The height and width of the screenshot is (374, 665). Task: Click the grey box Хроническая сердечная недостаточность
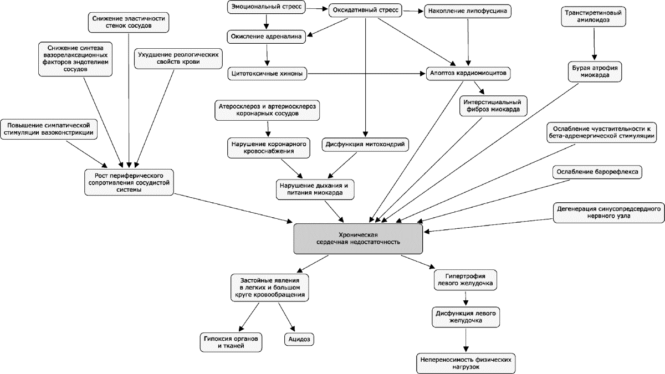point(358,239)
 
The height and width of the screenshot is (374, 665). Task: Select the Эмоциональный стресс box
point(267,7)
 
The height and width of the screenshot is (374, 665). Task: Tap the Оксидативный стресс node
point(365,11)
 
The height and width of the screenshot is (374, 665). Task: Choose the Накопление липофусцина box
point(468,11)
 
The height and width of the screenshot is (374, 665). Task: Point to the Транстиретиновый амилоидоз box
point(594,17)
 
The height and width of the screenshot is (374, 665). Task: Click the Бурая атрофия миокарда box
point(595,71)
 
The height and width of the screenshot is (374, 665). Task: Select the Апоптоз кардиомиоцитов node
point(468,73)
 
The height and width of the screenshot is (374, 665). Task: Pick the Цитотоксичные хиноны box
point(267,74)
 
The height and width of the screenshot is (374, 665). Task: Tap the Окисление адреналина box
point(267,37)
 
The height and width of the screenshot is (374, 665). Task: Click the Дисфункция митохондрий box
point(365,145)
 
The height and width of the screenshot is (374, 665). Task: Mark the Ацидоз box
point(299,339)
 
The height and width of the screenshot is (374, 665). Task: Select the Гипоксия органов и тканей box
point(231,342)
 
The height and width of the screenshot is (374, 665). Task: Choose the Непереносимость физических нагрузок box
point(466,363)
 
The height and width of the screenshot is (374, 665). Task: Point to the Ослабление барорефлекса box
point(597,172)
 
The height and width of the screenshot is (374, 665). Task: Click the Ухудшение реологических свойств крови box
point(178,59)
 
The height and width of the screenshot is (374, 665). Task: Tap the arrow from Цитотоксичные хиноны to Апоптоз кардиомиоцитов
point(366,74)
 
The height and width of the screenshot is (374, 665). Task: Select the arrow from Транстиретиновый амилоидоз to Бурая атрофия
point(594,44)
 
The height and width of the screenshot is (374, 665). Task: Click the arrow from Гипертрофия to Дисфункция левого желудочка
point(465,298)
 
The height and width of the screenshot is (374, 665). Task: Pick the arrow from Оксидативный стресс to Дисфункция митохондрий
point(365,77)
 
